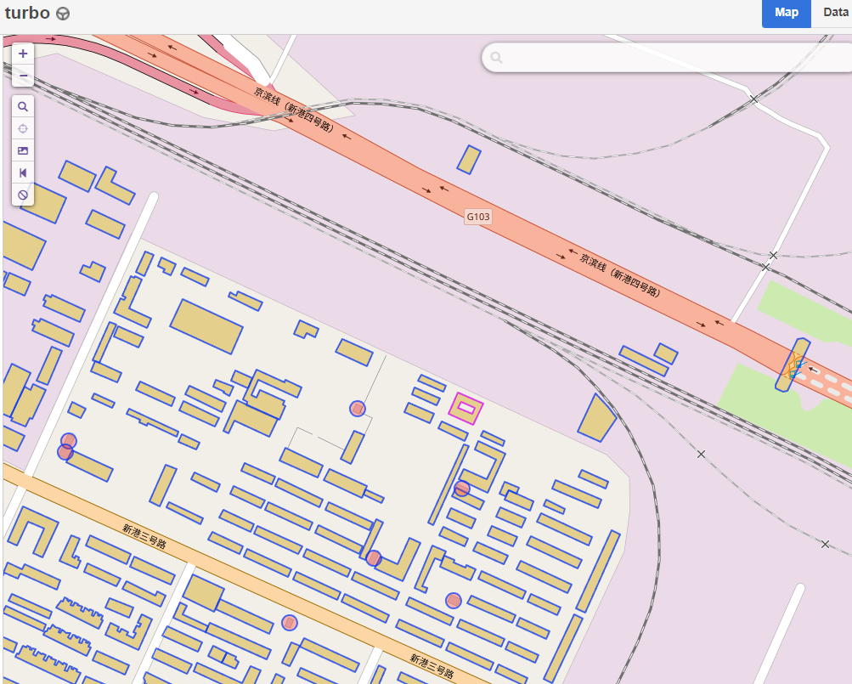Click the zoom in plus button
point(23,54)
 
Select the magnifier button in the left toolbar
point(23,106)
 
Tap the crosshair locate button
point(23,128)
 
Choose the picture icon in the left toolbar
point(23,150)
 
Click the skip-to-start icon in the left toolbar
point(23,172)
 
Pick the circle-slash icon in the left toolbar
point(23,195)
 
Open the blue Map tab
point(786,13)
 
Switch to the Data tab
point(835,13)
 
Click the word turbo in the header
point(27,13)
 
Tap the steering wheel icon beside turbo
point(63,14)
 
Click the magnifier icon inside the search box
point(497,58)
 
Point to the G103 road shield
point(478,217)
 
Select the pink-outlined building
point(465,410)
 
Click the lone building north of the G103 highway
point(469,160)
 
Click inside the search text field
point(671,58)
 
